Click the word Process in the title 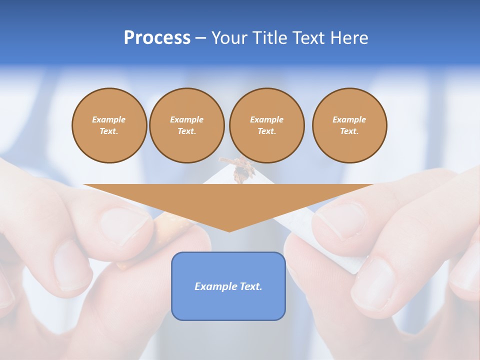157,38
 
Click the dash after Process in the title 201,38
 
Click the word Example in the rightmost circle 349,119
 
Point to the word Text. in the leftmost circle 109,131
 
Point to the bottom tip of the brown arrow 229,230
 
